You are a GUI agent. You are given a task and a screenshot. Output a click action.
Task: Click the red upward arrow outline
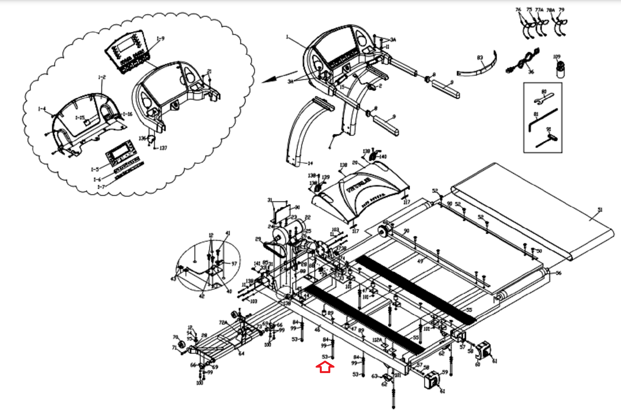click(x=325, y=367)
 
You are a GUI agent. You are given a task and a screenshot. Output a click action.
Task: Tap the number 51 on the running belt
click(x=600, y=210)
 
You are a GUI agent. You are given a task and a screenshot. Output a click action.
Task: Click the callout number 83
click(x=480, y=58)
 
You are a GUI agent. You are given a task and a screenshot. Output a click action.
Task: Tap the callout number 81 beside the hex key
click(x=536, y=114)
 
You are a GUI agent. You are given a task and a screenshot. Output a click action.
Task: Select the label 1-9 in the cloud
click(x=160, y=39)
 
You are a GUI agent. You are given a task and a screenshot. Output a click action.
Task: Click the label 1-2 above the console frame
click(x=102, y=77)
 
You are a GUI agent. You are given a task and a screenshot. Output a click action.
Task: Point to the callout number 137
click(x=163, y=148)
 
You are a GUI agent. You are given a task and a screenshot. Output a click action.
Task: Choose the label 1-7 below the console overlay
click(x=101, y=187)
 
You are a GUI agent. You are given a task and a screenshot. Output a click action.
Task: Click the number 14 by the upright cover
click(x=310, y=163)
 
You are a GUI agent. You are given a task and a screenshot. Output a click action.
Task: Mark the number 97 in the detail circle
click(x=234, y=264)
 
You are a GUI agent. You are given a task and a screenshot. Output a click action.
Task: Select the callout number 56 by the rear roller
click(x=559, y=273)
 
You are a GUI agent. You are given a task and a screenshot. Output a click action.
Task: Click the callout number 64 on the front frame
click(x=241, y=353)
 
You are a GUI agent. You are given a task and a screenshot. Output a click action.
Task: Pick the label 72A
click(x=223, y=323)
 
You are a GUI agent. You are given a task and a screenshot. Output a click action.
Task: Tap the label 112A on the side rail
click(x=377, y=340)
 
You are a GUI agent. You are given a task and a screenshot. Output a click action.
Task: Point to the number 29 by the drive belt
click(x=258, y=239)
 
